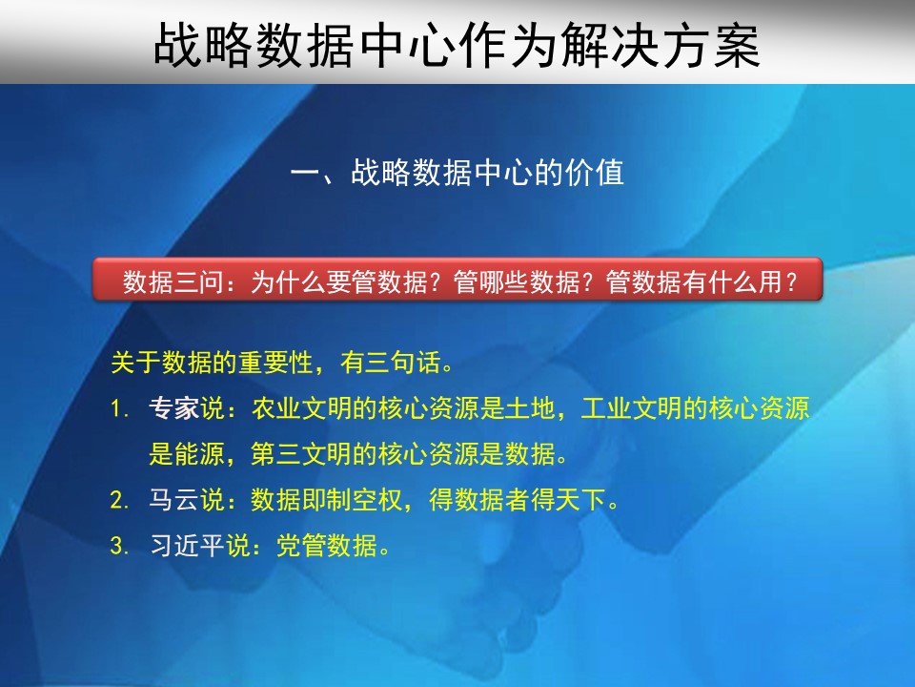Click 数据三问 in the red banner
point(173,281)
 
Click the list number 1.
point(119,408)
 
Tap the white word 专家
point(173,407)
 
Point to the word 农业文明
point(302,407)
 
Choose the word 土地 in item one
point(530,407)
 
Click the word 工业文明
point(632,407)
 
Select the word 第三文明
point(302,453)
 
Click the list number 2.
point(119,501)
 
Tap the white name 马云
point(173,499)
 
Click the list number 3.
point(119,546)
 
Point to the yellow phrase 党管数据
point(327,545)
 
